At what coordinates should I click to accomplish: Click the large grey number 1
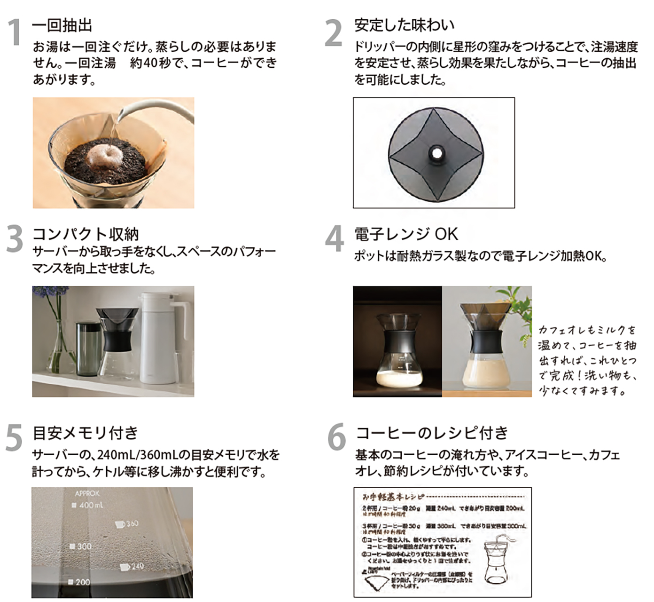[15, 33]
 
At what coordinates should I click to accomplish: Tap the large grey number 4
[335, 239]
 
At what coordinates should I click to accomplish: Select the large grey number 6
[336, 437]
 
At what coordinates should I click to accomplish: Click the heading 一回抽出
[62, 25]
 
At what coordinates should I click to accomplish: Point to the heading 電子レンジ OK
[405, 234]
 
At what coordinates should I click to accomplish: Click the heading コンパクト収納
[86, 234]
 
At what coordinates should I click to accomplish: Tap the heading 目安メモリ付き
[86, 433]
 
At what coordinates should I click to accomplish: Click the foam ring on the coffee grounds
[106, 153]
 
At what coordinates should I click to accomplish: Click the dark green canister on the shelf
[88, 348]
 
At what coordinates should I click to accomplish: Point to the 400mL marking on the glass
[88, 505]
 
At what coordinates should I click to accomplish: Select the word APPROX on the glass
[87, 493]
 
